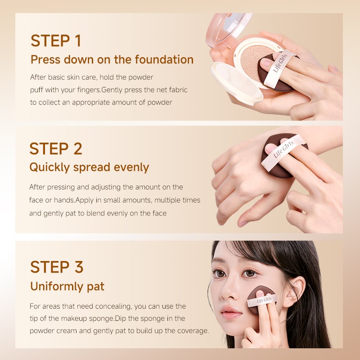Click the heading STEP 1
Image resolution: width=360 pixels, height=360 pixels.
click(x=56, y=40)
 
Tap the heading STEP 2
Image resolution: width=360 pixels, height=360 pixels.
click(x=56, y=148)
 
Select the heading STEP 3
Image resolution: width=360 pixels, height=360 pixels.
click(x=57, y=267)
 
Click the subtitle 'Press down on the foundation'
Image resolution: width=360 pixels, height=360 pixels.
click(x=112, y=59)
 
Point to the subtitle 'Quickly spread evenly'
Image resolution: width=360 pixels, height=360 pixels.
click(x=89, y=167)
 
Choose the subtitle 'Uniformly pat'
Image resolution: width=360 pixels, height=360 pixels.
click(x=67, y=286)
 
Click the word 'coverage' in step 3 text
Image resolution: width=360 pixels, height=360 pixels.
click(x=193, y=331)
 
